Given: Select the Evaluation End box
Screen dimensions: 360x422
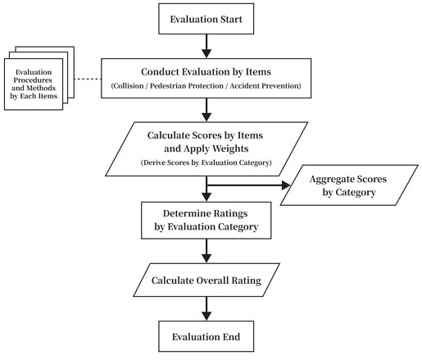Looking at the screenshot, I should (206, 336).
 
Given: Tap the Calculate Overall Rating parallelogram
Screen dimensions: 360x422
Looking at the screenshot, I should (206, 280).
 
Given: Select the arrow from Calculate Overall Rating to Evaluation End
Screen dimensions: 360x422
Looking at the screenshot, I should (206, 308).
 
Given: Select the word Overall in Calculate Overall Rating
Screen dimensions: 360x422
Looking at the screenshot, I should (207, 280).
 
